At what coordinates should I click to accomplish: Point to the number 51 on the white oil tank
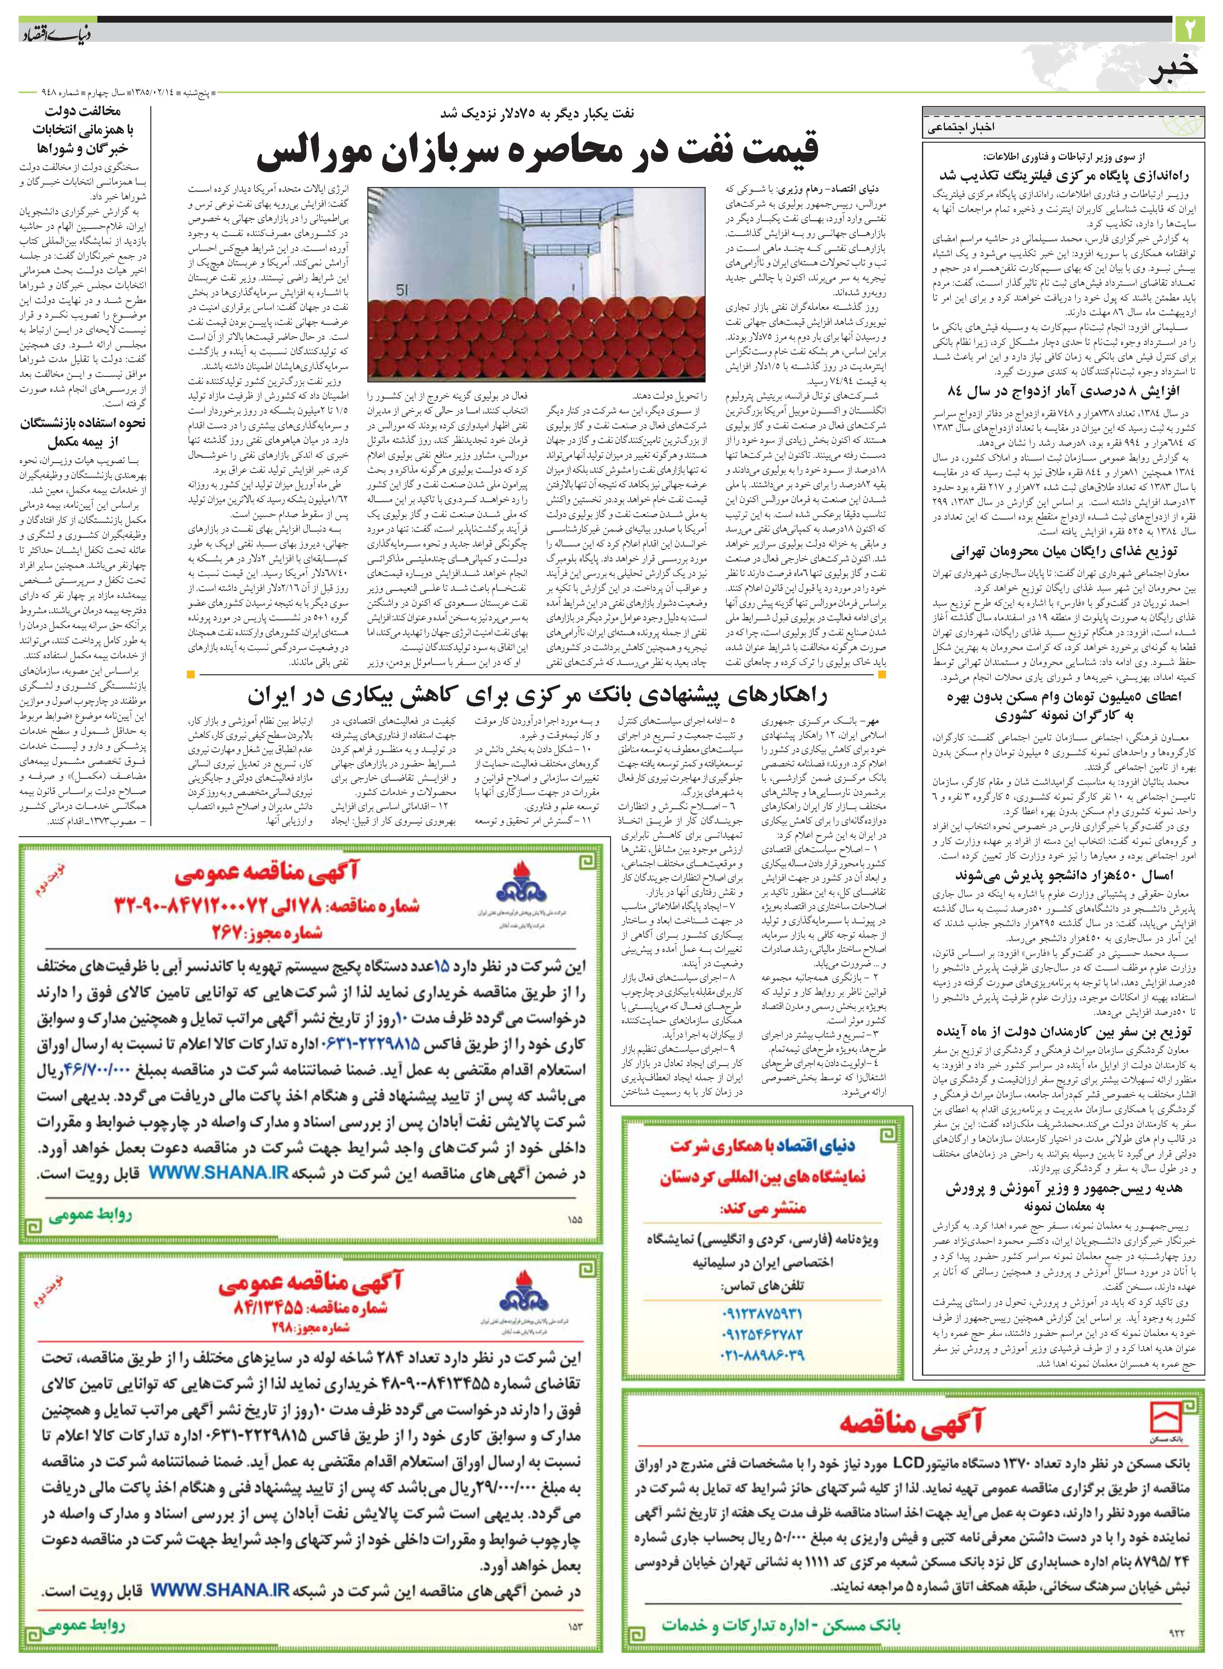(402, 291)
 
